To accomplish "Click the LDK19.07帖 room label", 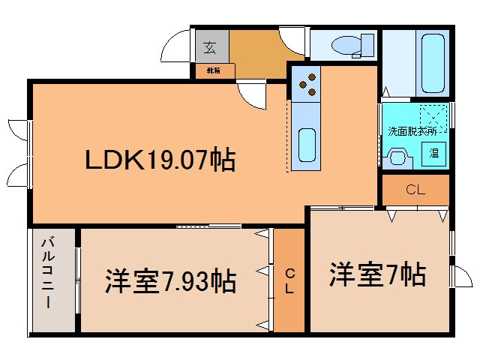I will click(160, 159).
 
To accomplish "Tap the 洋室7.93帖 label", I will click(169, 282).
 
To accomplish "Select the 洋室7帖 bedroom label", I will click(377, 274).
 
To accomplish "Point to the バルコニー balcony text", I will click(47, 273).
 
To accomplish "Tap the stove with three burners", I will click(307, 82).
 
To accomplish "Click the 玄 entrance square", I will click(210, 48).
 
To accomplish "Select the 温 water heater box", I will click(434, 153).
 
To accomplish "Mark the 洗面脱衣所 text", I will click(411, 131).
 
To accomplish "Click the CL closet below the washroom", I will click(415, 190).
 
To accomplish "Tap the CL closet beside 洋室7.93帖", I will click(289, 280).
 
